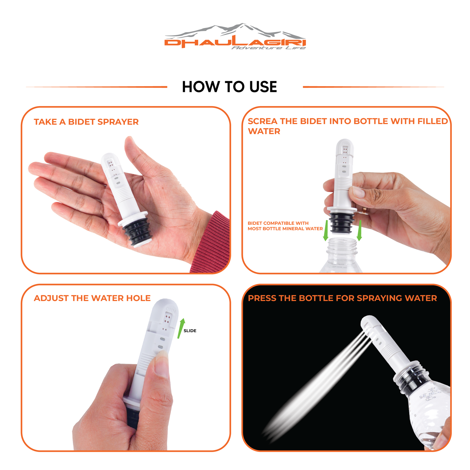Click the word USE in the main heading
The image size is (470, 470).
pos(263,87)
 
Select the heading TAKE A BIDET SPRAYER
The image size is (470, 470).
pos(86,122)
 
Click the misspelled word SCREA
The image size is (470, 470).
pos(263,121)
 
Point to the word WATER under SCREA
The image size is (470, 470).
pos(264,131)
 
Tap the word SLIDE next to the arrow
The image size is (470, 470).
pos(190,331)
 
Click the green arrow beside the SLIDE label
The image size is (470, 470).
pos(181,328)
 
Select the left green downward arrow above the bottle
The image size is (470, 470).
pos(326,231)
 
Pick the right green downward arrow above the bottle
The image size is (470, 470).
pos(359,231)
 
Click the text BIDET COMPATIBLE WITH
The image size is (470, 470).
pos(278,223)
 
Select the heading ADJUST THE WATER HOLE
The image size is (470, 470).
pos(92,298)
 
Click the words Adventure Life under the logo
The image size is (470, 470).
pos(268,48)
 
